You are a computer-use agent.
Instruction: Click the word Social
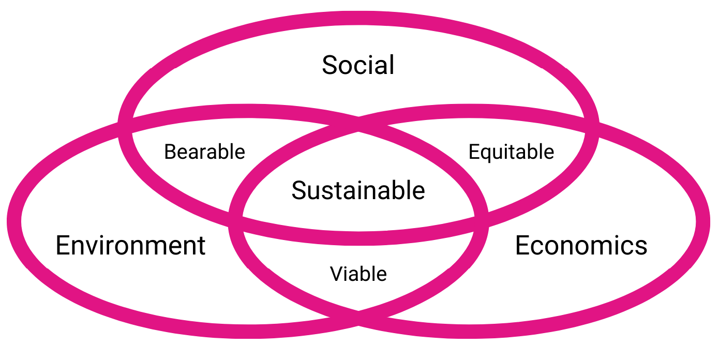pos(358,65)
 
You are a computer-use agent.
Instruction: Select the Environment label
pos(130,246)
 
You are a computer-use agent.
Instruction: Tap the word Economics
pos(581,246)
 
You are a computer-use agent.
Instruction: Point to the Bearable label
pos(204,152)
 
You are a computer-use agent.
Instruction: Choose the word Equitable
pos(511,153)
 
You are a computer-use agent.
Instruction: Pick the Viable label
pos(358,274)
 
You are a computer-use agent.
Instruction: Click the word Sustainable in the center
pos(358,190)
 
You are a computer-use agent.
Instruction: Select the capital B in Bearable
pos(171,152)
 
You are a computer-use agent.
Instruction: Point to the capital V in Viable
pos(337,274)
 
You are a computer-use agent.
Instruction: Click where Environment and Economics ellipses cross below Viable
pos(358,318)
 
